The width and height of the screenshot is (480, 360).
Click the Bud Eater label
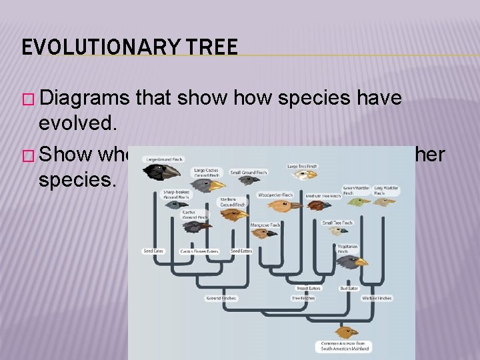(349, 289)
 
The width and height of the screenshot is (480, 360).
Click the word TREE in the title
(213, 47)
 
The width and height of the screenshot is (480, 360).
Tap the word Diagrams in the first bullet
(85, 97)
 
